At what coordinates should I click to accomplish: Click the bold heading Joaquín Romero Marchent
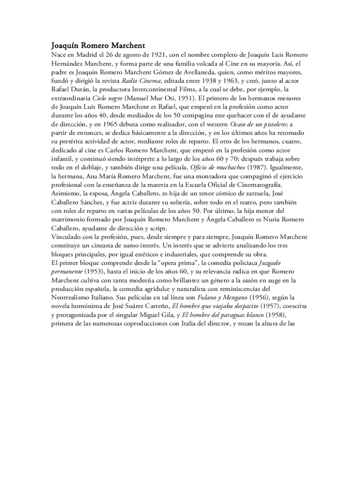(98, 46)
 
